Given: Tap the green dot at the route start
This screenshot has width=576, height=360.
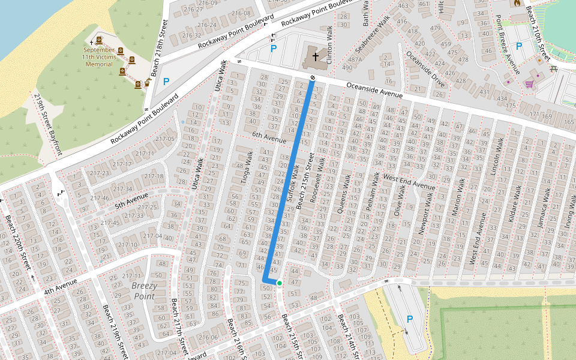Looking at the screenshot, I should click(280, 283).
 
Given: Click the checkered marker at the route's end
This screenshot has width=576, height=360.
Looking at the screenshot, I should click(312, 78).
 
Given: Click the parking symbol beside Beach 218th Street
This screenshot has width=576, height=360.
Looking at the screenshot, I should click(166, 81).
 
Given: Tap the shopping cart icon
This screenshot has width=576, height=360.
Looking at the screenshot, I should click(529, 84).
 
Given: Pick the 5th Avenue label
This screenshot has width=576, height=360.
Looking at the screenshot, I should click(131, 199).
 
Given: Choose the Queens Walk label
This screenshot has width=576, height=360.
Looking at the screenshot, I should click(347, 193).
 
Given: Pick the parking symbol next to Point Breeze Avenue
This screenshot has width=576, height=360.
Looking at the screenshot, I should click(519, 46).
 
